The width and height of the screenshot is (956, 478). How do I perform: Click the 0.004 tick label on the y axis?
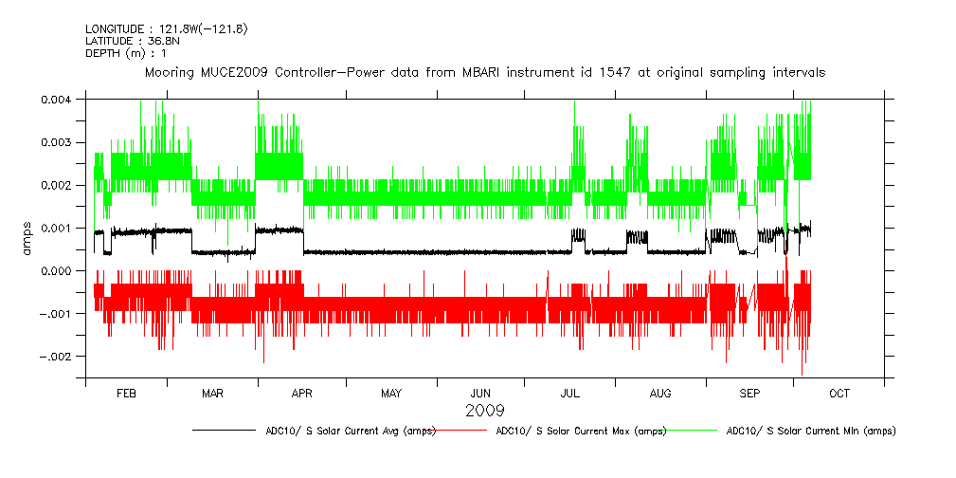[x=58, y=99]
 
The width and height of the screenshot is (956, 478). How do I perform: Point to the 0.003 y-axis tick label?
[x=58, y=142]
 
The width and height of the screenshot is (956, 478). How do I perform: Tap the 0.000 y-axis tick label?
[x=58, y=270]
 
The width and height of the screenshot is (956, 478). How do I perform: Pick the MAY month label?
[x=391, y=393]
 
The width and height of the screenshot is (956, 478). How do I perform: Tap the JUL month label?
[x=570, y=393]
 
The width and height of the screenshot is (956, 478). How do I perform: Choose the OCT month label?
[x=839, y=393]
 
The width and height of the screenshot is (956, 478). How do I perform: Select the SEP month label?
[x=749, y=393]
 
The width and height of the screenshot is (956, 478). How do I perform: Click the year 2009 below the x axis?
[x=484, y=411]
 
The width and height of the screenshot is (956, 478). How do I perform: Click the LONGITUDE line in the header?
[x=167, y=28]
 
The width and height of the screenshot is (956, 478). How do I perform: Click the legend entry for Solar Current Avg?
[x=350, y=431]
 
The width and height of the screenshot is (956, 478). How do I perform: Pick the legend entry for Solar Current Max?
[x=581, y=431]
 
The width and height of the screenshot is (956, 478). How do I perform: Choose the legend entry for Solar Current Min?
[x=810, y=431]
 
